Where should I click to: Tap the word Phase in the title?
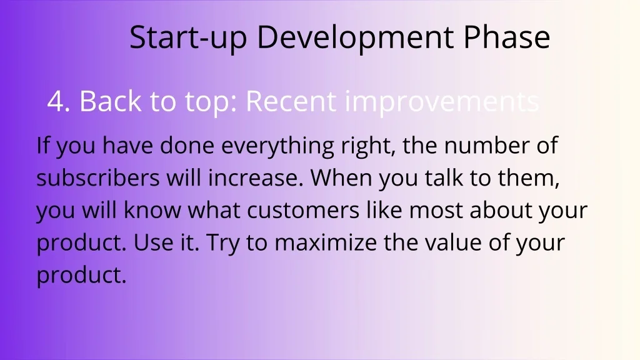pos(507,37)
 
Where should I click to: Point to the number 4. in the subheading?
pos(59,101)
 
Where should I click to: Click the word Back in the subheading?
pos(110,101)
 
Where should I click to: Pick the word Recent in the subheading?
pos(291,101)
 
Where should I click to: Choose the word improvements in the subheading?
pos(442,102)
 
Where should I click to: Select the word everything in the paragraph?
pos(277,146)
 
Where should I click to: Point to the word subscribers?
pos(98,177)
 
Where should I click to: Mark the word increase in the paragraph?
pos(256,178)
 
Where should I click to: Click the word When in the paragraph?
pos(341,177)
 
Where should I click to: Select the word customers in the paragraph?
pos(303,211)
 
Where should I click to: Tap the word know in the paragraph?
pos(152,210)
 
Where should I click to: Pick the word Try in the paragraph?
pos(223,244)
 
